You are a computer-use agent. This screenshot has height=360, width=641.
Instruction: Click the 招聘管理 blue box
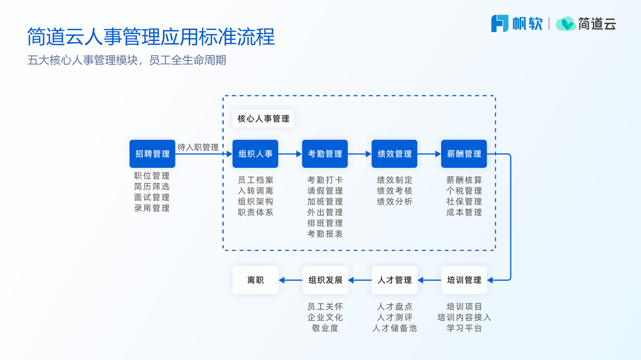tap(152, 154)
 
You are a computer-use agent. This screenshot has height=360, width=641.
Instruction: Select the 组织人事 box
tap(255, 154)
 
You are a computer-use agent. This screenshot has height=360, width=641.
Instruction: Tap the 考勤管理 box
tap(325, 154)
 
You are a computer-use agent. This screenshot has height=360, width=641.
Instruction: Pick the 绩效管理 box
tap(394, 154)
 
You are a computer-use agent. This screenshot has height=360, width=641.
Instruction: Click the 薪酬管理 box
tap(464, 154)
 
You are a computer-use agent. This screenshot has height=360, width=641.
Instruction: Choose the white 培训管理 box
tap(464, 280)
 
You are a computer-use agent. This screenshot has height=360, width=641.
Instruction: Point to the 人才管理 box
tap(394, 280)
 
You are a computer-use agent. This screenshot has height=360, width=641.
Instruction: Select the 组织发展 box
tap(325, 280)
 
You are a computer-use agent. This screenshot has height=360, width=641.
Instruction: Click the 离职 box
tap(255, 280)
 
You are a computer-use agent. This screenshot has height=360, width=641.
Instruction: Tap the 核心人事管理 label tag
tap(263, 119)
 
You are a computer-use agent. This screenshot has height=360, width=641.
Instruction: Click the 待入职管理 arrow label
tap(198, 147)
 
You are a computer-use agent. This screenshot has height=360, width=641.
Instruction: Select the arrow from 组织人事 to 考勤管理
tap(290, 154)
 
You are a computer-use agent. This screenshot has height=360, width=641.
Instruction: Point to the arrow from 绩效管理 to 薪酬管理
tap(429, 154)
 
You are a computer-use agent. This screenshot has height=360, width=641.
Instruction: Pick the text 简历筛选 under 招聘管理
tap(152, 186)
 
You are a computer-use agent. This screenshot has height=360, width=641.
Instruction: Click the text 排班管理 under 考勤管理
tap(325, 223)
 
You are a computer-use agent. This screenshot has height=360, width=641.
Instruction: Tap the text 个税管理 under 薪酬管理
tap(464, 191)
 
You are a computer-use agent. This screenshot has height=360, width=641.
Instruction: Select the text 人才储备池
tap(394, 328)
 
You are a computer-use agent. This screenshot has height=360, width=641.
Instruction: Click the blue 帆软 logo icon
tap(499, 24)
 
